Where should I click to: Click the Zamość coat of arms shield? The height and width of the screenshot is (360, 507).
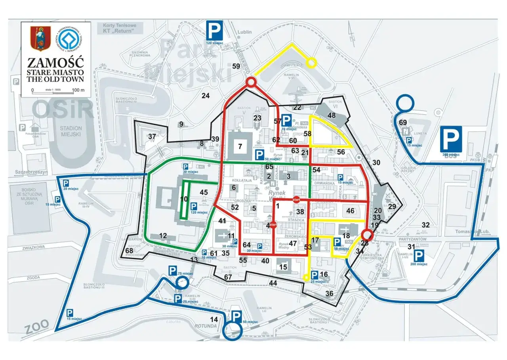pyautogui.click(x=41, y=38)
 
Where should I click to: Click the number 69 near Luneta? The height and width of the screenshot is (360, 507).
pyautogui.click(x=403, y=122)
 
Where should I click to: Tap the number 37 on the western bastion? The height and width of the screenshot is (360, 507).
pyautogui.click(x=152, y=136)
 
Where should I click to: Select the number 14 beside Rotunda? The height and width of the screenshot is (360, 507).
pyautogui.click(x=214, y=320)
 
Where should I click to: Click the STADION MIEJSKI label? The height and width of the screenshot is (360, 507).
pyautogui.click(x=72, y=131)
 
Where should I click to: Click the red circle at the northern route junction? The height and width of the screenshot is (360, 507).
pyautogui.click(x=251, y=82)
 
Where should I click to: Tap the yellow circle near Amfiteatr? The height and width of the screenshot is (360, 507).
pyautogui.click(x=312, y=62)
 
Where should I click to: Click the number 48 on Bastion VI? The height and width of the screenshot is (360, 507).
pyautogui.click(x=332, y=115)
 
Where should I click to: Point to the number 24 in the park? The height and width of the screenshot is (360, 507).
pyautogui.click(x=205, y=95)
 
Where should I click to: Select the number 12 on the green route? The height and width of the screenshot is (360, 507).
pyautogui.click(x=163, y=236)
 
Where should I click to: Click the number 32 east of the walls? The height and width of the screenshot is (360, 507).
pyautogui.click(x=425, y=225)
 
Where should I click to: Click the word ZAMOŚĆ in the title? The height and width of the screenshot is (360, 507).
pyautogui.click(x=55, y=63)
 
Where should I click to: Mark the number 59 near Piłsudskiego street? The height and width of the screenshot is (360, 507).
pyautogui.click(x=236, y=66)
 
